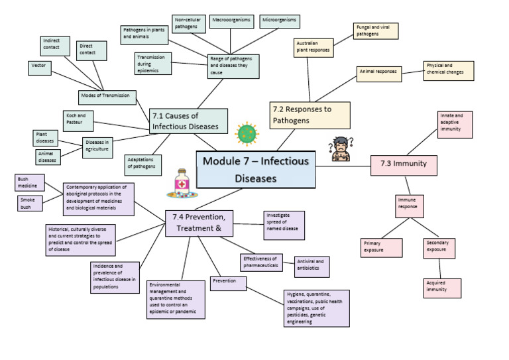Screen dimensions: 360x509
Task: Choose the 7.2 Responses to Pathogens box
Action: click(310, 115)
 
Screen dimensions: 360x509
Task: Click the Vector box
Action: click(40, 68)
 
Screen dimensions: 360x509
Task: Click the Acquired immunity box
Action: click(442, 287)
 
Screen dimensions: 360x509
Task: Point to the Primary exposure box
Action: click(381, 248)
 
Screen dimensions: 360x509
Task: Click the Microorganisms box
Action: click(279, 21)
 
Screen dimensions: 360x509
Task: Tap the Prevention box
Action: click(228, 283)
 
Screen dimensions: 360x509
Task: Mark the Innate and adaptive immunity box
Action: click(455, 125)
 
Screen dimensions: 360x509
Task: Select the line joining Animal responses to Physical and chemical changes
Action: click(413, 72)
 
